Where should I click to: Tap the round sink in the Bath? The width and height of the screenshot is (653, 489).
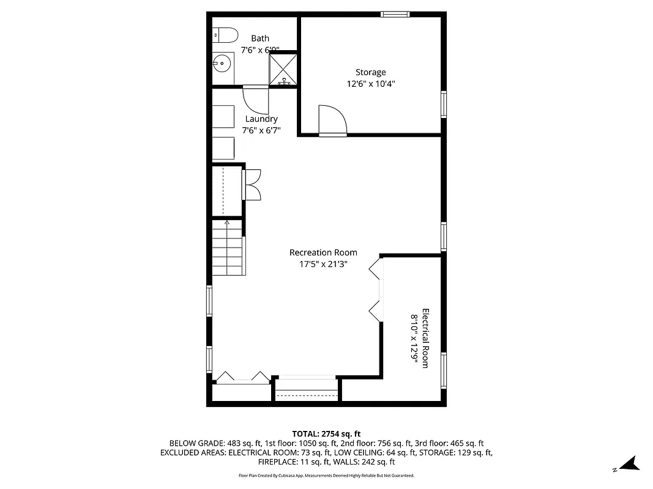[x=223, y=61]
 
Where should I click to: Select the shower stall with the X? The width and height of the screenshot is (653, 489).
[x=284, y=69]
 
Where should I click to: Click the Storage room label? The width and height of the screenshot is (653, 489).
[x=371, y=72]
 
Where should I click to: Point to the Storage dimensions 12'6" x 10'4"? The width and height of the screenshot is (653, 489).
[x=371, y=84]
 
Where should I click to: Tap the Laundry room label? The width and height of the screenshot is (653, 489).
[x=261, y=119]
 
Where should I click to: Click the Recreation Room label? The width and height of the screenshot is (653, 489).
[x=323, y=252]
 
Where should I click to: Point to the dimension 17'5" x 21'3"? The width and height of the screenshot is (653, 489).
[x=323, y=264]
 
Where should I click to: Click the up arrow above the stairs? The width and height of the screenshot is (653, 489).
[x=226, y=223]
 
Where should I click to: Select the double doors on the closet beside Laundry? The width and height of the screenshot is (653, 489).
[x=253, y=184]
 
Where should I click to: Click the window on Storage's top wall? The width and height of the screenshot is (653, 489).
[x=395, y=14]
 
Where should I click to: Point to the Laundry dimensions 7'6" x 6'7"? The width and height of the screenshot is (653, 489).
[x=261, y=130]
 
